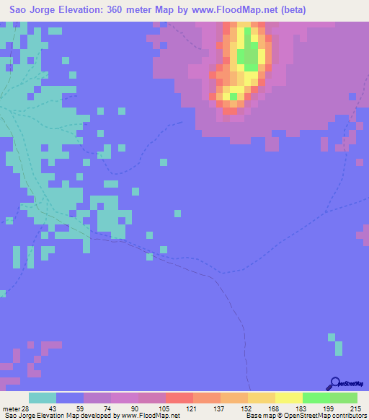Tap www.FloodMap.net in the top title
coord(233,10)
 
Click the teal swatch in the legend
coord(43,398)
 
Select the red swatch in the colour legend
coord(179,398)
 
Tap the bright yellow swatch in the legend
coord(289,398)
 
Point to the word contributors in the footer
coord(347,416)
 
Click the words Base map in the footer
coord(258,416)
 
